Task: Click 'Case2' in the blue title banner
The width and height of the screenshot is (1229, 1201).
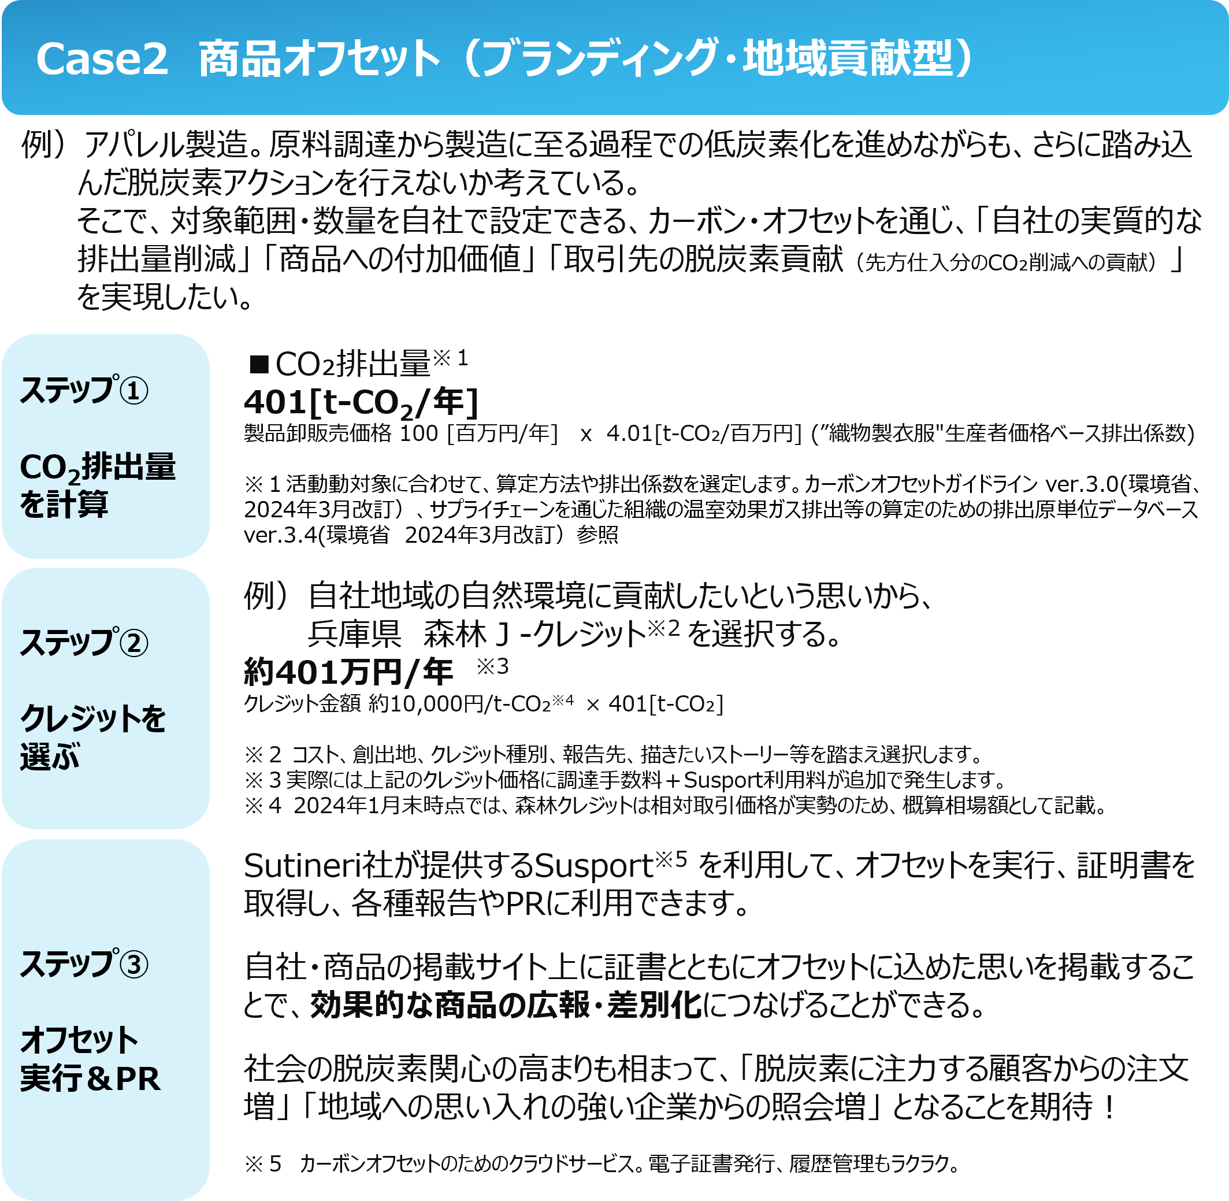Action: [x=102, y=60]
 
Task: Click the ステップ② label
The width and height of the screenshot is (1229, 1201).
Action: [x=84, y=642]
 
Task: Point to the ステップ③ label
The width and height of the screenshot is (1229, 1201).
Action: [x=84, y=963]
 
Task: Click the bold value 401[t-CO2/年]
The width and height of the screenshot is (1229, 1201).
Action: [x=361, y=402]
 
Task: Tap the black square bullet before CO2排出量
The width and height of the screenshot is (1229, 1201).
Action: [x=258, y=364]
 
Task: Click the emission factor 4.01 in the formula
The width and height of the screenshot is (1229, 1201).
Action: [x=629, y=433]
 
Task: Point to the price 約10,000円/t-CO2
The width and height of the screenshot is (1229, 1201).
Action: [x=460, y=703]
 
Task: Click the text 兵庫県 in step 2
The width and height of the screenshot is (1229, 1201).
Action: [x=354, y=633]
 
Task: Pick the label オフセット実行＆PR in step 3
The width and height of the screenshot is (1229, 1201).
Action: [x=90, y=1059]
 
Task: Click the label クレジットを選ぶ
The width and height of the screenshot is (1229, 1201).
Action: [x=92, y=737]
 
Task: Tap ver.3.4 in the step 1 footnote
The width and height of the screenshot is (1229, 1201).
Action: [x=281, y=534]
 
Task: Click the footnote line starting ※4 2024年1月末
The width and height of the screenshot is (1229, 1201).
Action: [x=675, y=805]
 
